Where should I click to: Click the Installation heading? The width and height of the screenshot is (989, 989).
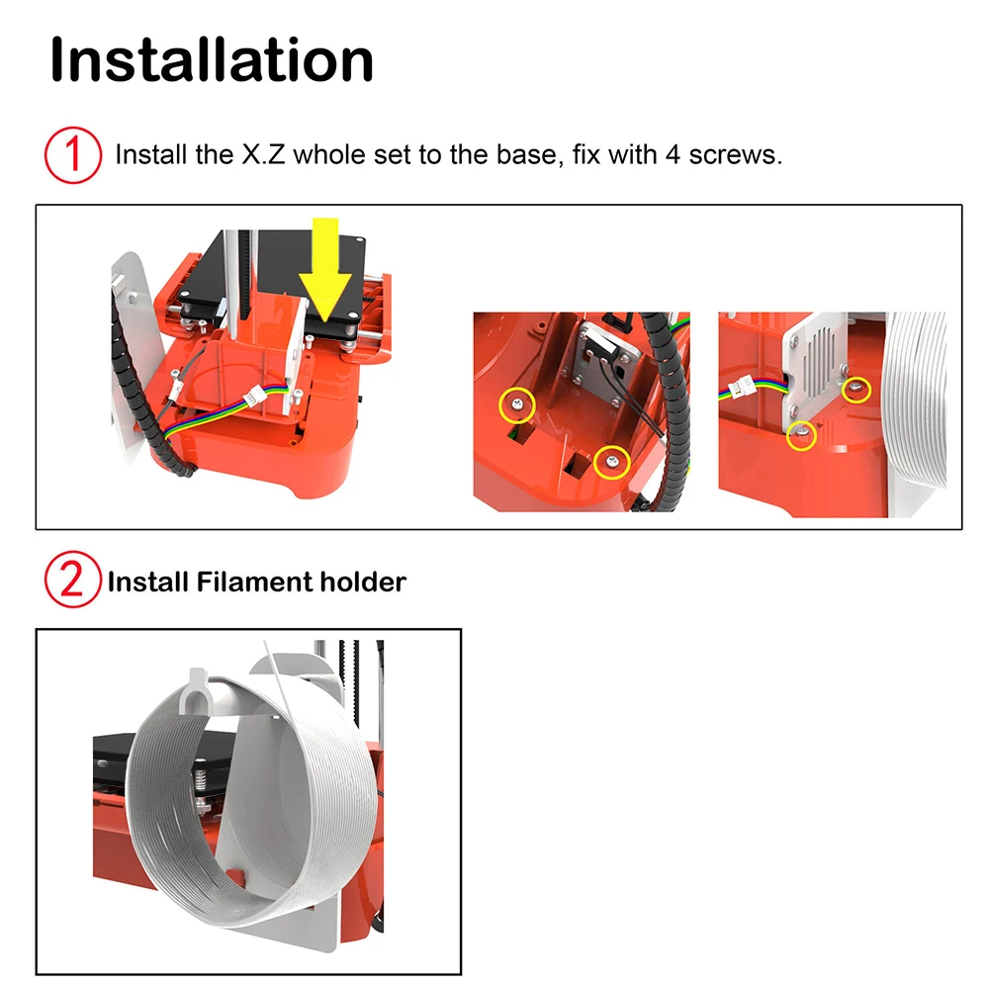[212, 59]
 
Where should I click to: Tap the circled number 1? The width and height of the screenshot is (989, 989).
[73, 156]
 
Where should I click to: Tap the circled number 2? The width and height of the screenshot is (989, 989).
[73, 582]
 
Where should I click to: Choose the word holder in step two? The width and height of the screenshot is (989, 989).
[362, 582]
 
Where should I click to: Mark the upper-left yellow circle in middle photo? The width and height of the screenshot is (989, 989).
[517, 402]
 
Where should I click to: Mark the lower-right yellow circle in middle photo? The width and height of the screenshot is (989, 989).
[612, 461]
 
